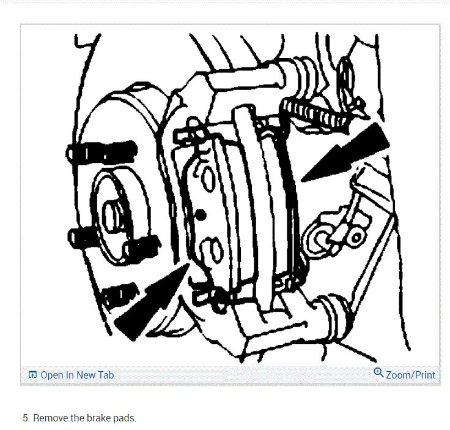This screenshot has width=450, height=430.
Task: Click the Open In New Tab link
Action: pyautogui.click(x=77, y=375)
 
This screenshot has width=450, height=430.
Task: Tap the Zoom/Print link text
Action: pyautogui.click(x=411, y=374)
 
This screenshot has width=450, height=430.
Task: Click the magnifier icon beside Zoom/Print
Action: pyautogui.click(x=378, y=372)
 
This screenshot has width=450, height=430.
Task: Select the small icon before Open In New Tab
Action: pyautogui.click(x=33, y=375)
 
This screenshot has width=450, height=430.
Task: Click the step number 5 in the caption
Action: pyautogui.click(x=26, y=418)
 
